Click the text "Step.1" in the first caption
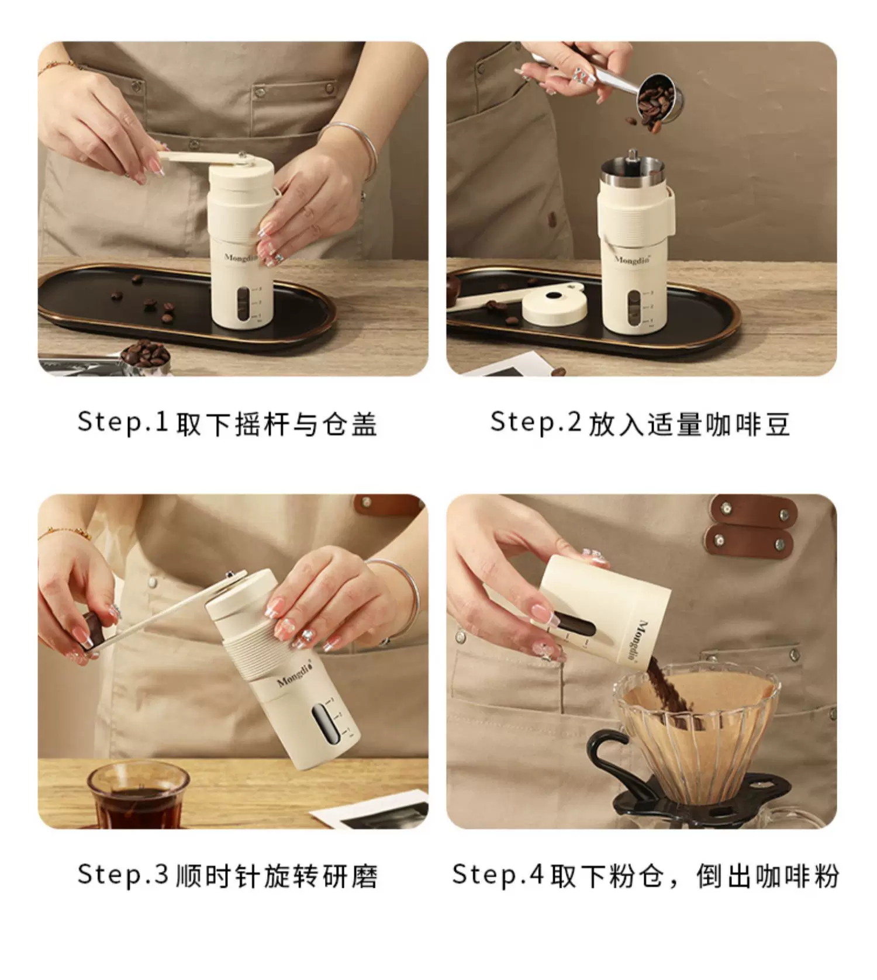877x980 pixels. [123, 422]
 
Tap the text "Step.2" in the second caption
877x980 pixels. [536, 422]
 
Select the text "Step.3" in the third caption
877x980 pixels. [123, 874]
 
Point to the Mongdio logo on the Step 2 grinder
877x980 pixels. [632, 259]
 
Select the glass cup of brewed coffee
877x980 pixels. [138, 795]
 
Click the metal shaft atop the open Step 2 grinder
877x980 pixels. [632, 157]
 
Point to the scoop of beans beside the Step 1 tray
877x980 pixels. [145, 354]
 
